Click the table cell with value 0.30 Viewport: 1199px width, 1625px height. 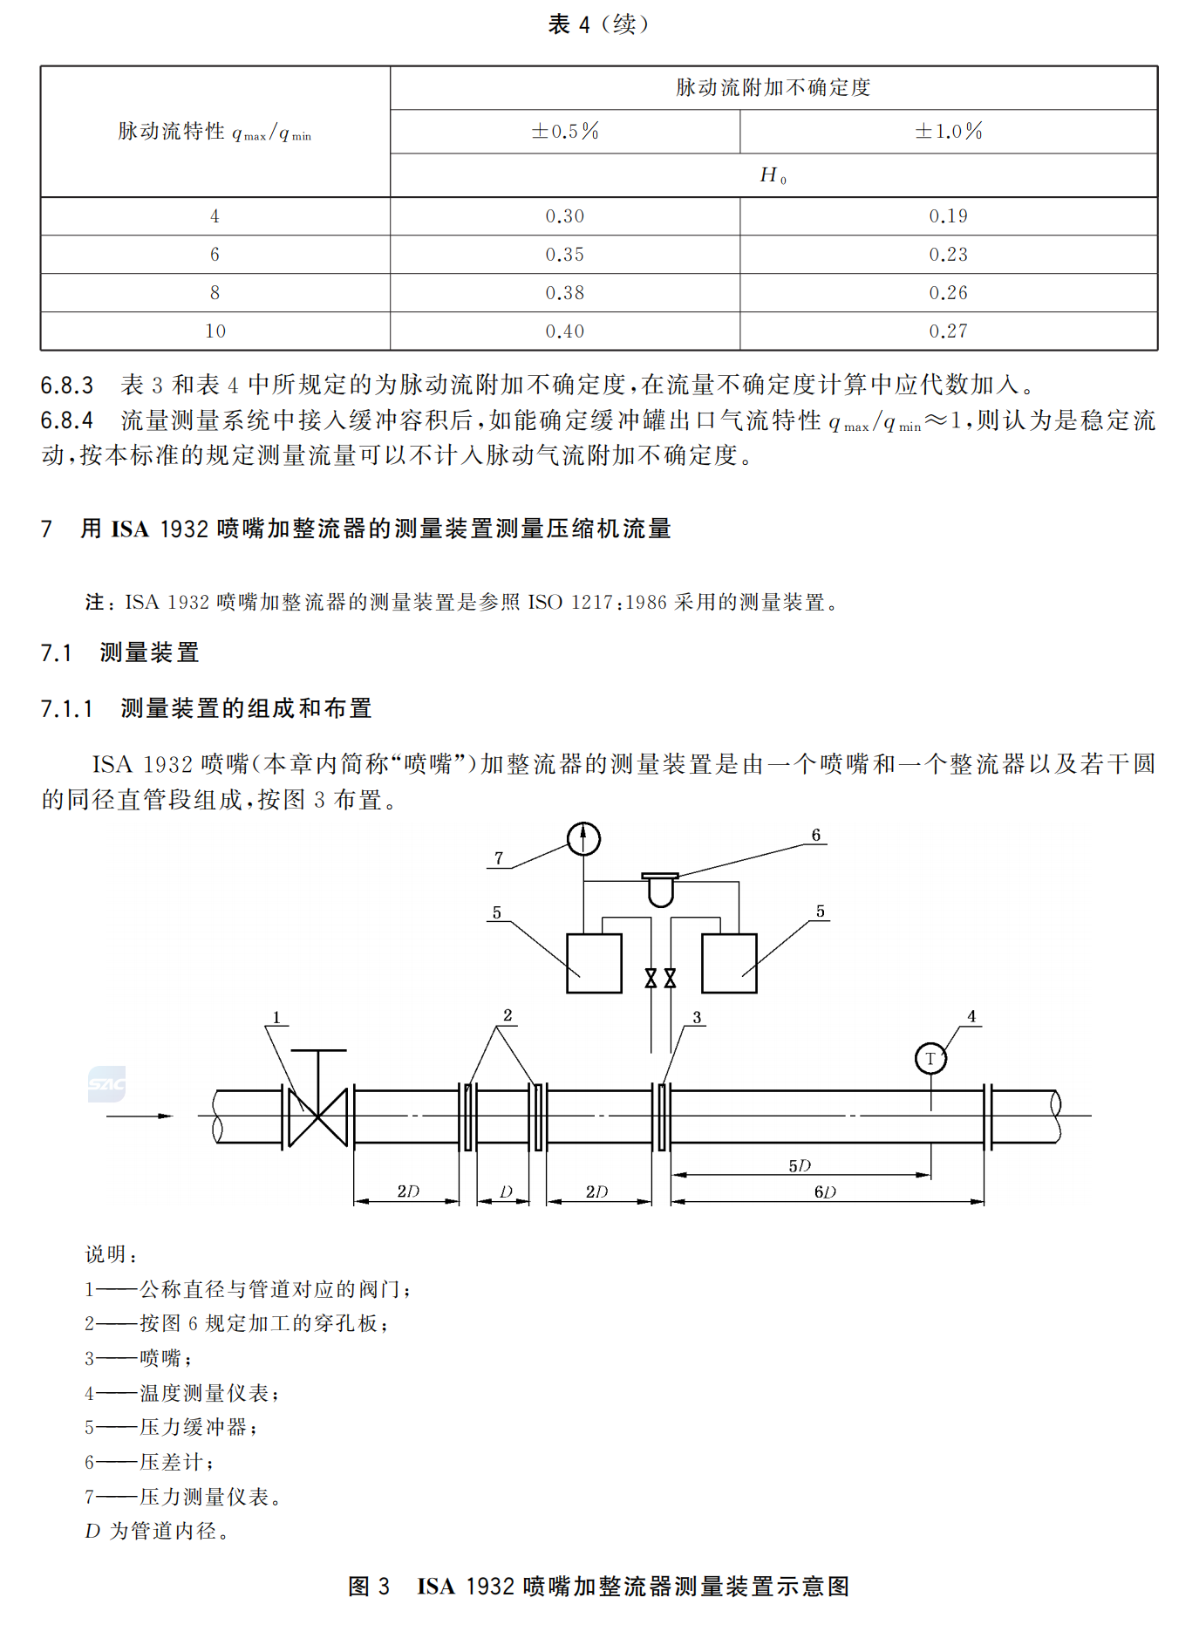coord(564,216)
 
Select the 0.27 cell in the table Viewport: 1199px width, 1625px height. coord(948,331)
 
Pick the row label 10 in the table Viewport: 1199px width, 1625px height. coord(215,331)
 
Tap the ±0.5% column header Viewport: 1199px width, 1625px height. coord(564,132)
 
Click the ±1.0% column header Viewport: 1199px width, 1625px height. coord(948,132)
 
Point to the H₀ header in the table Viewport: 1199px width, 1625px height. coord(773,175)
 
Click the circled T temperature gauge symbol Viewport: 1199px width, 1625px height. coord(930,1059)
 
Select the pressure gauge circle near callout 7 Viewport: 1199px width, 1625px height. coord(583,839)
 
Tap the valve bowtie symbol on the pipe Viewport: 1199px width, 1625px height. coord(317,1116)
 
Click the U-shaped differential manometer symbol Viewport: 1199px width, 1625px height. coord(660,890)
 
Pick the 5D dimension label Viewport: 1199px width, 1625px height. coord(799,1165)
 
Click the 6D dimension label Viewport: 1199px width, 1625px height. coord(824,1191)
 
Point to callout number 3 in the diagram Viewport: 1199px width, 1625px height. coord(697,1017)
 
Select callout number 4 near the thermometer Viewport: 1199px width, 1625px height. coord(971,1016)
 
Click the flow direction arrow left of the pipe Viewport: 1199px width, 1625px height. coord(140,1116)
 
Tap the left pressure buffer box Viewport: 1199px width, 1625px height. coord(594,963)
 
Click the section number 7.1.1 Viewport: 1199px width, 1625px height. coord(66,708)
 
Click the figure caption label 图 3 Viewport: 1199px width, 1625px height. coord(368,1586)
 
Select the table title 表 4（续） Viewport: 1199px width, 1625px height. coord(598,24)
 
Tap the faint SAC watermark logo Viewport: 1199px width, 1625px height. coord(106,1083)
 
